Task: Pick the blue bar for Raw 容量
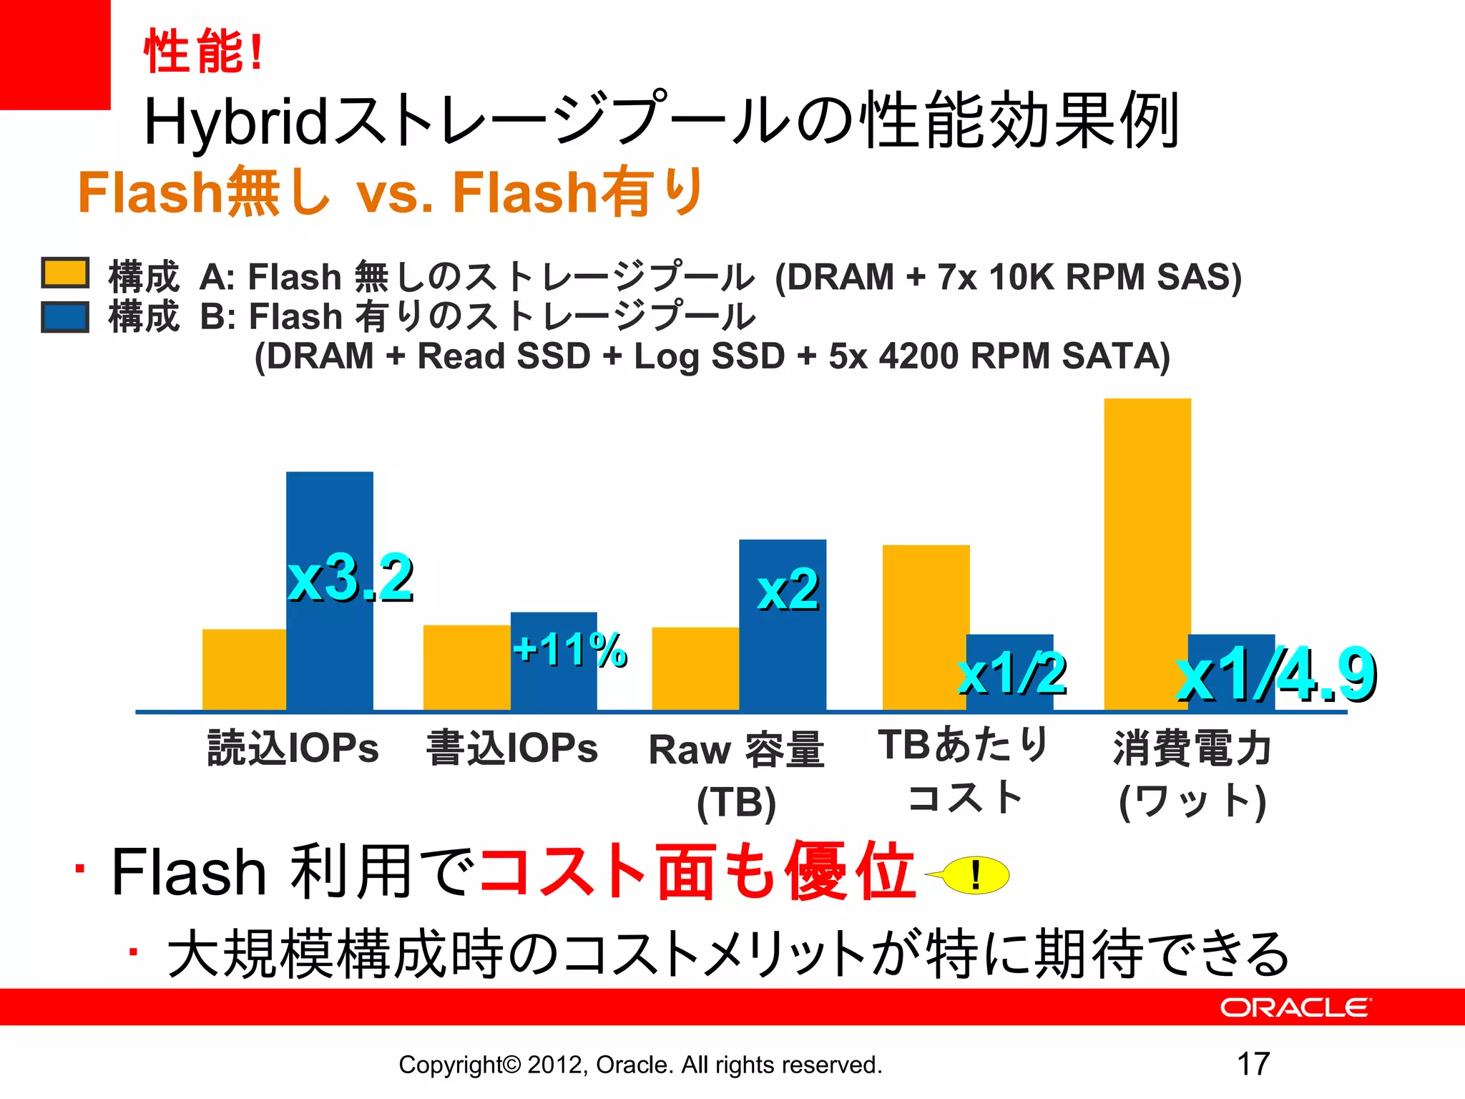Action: pos(783,658)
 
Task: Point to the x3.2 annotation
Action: pos(351,578)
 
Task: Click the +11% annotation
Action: pos(570,650)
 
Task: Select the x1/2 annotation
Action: pos(1012,674)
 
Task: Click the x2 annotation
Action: pos(788,590)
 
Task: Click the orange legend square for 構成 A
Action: pos(65,273)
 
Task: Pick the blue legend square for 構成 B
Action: pos(65,316)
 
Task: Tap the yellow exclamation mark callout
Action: pos(975,875)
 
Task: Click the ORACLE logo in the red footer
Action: pos(1295,1007)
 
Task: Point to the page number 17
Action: pos(1253,1064)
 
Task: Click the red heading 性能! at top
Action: pos(204,52)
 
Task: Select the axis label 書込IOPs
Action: pos(512,748)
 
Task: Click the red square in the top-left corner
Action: pos(54,54)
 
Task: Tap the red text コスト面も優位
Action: pos(697,871)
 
